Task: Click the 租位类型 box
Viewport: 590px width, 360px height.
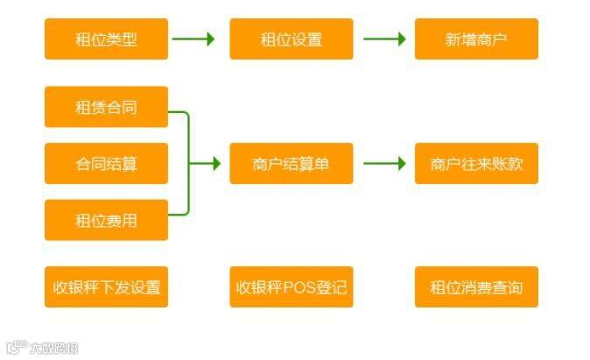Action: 106,39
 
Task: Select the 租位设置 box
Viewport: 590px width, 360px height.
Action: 291,39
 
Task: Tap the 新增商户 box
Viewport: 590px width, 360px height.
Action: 476,39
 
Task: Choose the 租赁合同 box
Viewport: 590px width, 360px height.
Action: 106,108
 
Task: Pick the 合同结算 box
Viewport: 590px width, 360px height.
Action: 106,164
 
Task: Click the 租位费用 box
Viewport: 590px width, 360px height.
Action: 106,220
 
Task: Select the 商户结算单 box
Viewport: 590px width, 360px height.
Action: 291,164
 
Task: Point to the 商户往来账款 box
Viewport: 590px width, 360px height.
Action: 476,164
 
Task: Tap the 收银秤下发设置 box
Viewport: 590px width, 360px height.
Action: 106,287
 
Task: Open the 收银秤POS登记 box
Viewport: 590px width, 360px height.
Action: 291,287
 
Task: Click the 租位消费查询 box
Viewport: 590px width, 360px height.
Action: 476,287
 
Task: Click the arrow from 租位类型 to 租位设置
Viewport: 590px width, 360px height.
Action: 193,39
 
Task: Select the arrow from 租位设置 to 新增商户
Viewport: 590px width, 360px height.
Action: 384,39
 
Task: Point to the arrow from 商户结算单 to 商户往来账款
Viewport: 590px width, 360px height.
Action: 384,164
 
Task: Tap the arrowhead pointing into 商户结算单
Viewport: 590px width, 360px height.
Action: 215,164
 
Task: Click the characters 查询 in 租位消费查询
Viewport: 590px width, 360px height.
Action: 506,287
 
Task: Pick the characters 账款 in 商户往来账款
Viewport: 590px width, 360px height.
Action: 508,164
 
